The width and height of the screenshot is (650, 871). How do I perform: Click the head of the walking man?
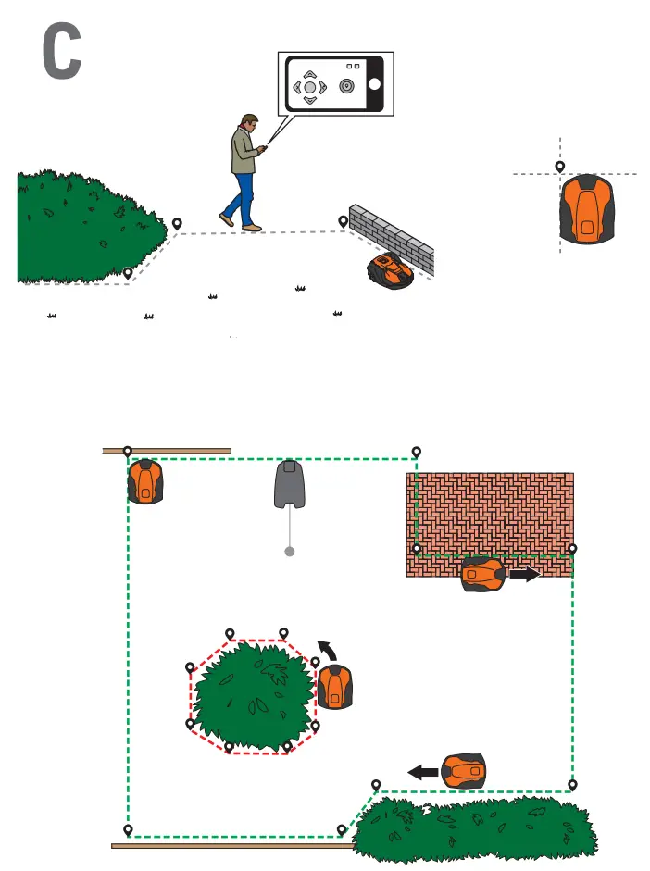click(x=248, y=123)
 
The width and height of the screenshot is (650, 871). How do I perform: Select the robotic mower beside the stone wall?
click(x=390, y=269)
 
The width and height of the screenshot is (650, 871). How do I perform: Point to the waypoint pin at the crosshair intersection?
click(x=560, y=167)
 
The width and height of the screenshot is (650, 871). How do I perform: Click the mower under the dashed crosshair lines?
click(x=587, y=209)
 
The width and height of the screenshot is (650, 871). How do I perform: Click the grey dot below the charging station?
click(x=290, y=552)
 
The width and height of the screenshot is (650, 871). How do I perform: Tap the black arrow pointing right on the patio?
click(x=525, y=574)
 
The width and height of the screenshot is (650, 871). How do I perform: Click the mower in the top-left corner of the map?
click(x=145, y=481)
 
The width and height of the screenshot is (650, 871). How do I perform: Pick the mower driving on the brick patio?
click(x=483, y=574)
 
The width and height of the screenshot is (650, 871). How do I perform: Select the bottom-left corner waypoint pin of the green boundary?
click(x=128, y=829)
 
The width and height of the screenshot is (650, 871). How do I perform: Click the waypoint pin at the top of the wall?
click(x=344, y=221)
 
